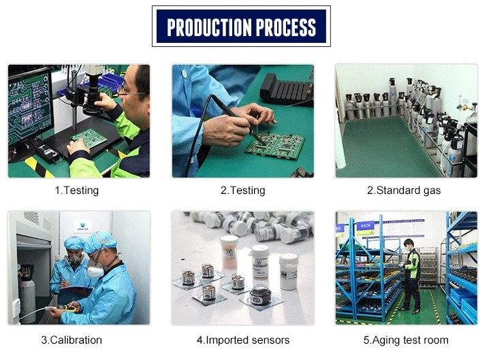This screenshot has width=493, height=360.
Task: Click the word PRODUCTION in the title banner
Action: point(209,27)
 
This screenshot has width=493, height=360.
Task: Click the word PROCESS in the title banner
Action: point(286,27)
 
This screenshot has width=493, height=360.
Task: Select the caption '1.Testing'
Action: point(77,191)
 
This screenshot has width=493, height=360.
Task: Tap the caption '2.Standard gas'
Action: point(404,191)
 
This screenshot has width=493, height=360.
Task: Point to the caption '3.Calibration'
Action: point(71,340)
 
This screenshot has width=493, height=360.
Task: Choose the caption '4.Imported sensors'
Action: point(243,340)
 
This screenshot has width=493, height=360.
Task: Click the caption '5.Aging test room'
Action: point(406,340)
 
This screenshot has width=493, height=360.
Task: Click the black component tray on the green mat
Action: point(285,88)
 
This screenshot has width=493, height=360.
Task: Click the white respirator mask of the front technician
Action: point(95,270)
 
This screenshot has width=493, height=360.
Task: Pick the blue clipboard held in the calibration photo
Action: point(77,290)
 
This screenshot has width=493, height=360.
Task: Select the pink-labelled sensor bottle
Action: point(229,252)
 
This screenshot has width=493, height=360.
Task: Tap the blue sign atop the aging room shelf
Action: point(366,225)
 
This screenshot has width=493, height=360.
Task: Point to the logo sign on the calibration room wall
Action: point(82,226)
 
